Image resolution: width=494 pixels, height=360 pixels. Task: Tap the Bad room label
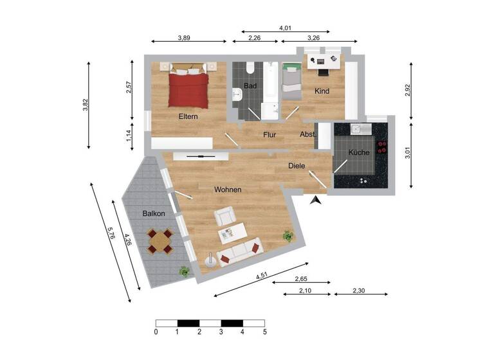pyautogui.click(x=250, y=86)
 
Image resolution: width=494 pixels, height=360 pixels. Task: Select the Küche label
pyautogui.click(x=359, y=152)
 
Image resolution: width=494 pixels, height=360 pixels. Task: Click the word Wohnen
pyautogui.click(x=228, y=190)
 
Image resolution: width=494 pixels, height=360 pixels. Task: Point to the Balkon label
pyautogui.click(x=154, y=213)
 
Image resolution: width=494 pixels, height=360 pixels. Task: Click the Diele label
pyautogui.click(x=298, y=166)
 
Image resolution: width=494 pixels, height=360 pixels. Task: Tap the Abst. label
pyautogui.click(x=307, y=134)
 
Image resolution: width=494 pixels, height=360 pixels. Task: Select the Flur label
pyautogui.click(x=270, y=135)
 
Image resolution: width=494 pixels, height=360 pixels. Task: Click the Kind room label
pyautogui.click(x=322, y=91)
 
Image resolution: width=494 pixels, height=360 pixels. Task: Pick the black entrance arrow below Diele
pyautogui.click(x=315, y=201)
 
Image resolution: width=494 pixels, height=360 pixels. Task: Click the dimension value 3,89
pyautogui.click(x=183, y=38)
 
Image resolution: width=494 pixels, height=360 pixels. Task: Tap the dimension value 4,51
pyautogui.click(x=262, y=277)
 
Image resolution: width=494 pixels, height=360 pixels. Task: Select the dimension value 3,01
pyautogui.click(x=407, y=152)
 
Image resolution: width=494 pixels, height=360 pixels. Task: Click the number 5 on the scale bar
pyautogui.click(x=264, y=332)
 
